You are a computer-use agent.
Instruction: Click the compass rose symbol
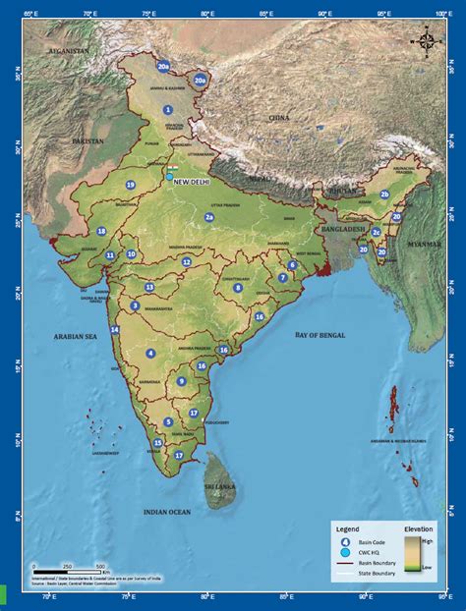click(427, 41)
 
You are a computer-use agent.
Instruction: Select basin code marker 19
click(130, 185)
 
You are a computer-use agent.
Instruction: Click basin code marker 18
click(101, 231)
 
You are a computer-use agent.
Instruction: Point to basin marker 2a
click(208, 217)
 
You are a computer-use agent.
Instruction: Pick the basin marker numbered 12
click(186, 262)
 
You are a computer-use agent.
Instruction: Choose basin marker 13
click(149, 287)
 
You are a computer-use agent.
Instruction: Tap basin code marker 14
click(115, 330)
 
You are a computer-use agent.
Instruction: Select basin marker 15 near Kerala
click(158, 443)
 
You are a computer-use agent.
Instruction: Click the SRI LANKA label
click(220, 487)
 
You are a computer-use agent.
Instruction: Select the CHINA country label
click(280, 117)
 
